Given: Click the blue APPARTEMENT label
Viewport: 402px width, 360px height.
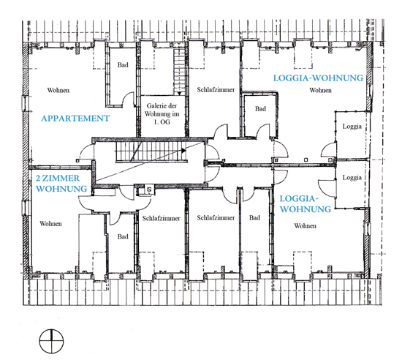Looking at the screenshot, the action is (75, 119).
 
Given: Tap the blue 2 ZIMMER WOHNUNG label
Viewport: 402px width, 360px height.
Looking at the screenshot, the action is (61, 184).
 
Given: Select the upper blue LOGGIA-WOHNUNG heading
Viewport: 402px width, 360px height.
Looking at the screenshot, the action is (318, 78).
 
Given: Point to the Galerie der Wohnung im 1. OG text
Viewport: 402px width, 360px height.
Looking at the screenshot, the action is (162, 113).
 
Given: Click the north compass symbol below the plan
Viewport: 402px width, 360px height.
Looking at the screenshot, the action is (51, 341).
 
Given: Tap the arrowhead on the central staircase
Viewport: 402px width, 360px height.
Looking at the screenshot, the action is (183, 150).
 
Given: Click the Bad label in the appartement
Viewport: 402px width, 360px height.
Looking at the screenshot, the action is (123, 65).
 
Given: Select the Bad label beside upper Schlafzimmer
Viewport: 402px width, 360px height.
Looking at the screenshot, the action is (260, 109).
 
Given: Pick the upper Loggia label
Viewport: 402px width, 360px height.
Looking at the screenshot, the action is (352, 127).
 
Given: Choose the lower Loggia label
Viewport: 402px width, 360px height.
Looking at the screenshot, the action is (352, 178).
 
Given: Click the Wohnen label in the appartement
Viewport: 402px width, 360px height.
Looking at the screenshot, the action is (58, 90).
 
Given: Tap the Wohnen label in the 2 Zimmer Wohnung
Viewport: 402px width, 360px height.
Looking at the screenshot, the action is (50, 224).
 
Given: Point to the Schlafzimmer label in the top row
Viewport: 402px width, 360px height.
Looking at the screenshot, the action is (216, 90).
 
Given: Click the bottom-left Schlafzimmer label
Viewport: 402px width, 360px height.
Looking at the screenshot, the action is (162, 218).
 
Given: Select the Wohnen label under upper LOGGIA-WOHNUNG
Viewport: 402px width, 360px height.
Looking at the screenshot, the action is (320, 90).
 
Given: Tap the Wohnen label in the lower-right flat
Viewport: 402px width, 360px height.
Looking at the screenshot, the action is (305, 226).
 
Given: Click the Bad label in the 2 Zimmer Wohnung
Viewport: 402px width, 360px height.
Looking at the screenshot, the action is (123, 236).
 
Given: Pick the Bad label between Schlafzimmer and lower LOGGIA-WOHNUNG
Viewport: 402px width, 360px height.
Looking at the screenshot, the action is (254, 218).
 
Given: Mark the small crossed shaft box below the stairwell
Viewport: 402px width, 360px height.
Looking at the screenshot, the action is (149, 190).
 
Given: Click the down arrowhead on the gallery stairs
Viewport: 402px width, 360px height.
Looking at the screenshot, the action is (179, 94).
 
